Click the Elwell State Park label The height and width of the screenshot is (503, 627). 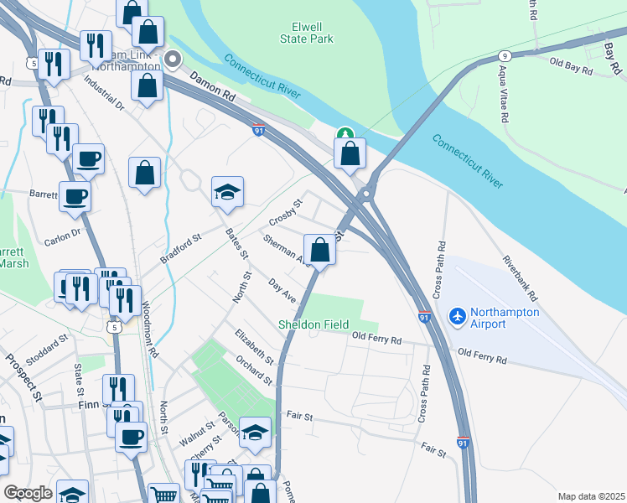point(306,33)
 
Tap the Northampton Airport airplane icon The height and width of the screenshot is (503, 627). point(457,316)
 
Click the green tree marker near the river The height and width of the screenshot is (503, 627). point(345,134)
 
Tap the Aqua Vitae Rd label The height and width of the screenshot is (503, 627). point(504,97)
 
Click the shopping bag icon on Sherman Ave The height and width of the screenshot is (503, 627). point(319,249)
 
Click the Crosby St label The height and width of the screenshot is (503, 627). point(285,212)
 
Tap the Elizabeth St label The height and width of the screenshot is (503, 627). point(254,345)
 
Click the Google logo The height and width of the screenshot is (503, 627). point(28,493)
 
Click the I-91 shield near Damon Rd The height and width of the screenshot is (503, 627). point(260,130)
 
